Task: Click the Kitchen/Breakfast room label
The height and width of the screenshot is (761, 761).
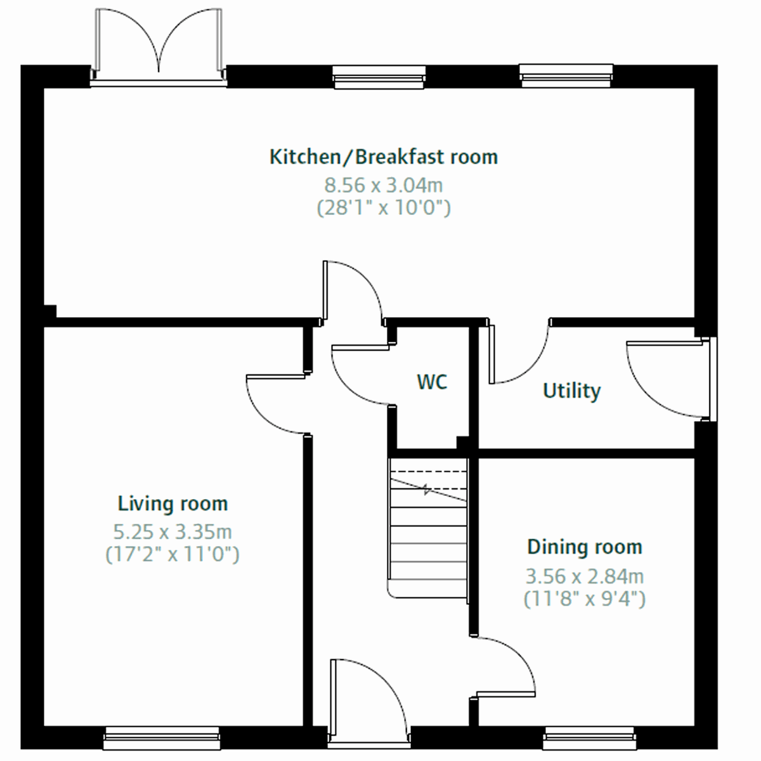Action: coord(384,157)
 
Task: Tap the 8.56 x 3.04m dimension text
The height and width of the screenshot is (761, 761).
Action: coord(384,185)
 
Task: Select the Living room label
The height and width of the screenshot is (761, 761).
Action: coord(172,504)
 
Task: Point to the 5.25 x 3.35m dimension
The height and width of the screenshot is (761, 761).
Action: coord(172,531)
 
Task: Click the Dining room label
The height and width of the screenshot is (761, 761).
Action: coord(585,547)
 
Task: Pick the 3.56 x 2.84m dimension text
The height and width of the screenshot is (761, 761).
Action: coord(585,576)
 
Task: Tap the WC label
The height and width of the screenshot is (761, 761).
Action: coord(432,382)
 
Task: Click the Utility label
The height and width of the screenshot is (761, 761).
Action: coord(571,391)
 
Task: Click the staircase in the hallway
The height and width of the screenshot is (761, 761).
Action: coord(428,526)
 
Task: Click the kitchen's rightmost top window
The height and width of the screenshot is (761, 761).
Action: coord(566,75)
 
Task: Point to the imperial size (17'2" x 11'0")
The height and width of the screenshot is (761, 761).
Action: coord(172,555)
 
